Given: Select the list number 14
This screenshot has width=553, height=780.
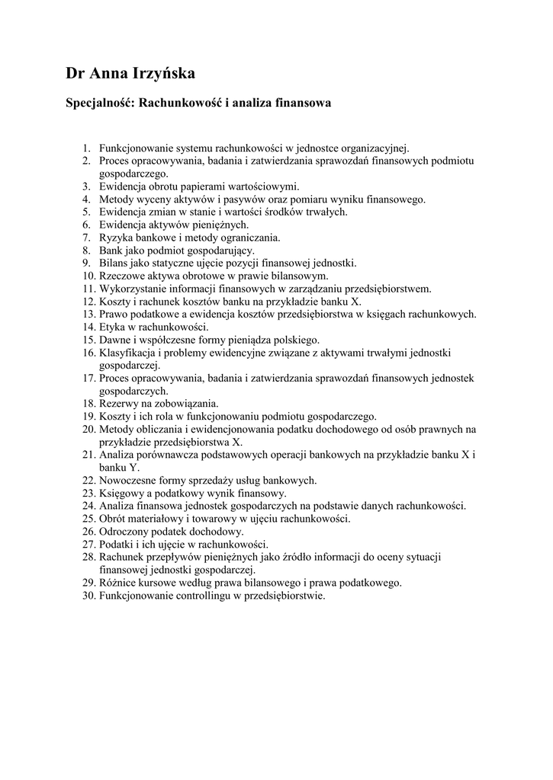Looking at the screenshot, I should click(x=88, y=326).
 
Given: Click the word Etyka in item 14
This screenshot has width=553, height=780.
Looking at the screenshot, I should click(x=113, y=326).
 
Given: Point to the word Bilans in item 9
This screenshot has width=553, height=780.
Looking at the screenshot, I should click(x=114, y=263).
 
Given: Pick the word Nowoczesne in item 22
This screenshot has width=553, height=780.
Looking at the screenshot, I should click(x=127, y=480).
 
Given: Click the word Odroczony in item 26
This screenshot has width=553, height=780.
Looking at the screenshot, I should click(x=124, y=531).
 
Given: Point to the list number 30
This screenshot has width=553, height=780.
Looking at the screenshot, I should click(x=88, y=596).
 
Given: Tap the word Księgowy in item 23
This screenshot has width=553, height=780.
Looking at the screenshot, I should click(x=121, y=493).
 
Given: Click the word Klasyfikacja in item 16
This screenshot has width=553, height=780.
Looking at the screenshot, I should click(x=126, y=352).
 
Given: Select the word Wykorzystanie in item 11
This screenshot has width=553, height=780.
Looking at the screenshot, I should click(x=132, y=288).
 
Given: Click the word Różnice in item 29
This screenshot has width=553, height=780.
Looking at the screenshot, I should click(x=117, y=583).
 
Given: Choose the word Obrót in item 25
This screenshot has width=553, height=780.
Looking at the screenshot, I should click(x=113, y=519).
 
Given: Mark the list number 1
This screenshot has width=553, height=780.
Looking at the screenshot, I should click(x=88, y=147).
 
